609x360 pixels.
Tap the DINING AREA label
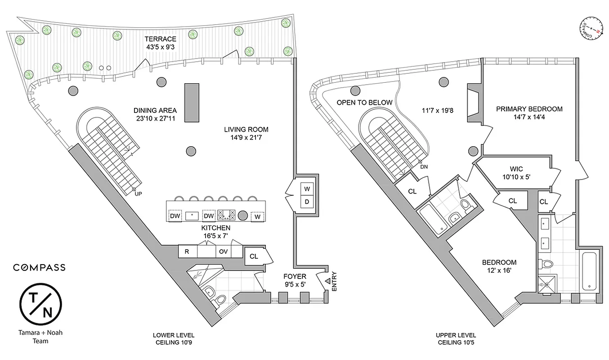pos(155,110)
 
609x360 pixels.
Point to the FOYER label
pos(295,276)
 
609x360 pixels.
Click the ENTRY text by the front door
pos(334,282)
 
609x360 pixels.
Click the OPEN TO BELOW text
pos(364,103)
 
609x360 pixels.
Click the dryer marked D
pos(307,202)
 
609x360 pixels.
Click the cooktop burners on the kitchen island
pos(226,216)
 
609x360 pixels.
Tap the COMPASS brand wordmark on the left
pos(39,267)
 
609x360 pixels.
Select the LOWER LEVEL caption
pos(173,336)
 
